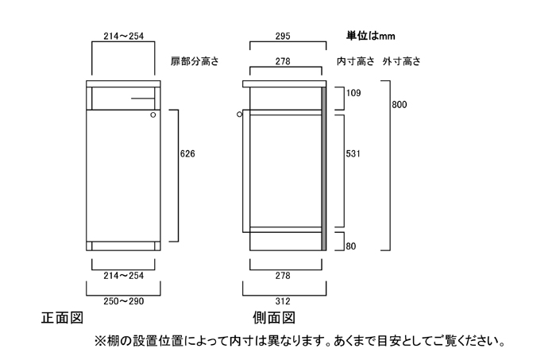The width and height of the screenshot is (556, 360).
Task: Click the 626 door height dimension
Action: pyautogui.click(x=187, y=153)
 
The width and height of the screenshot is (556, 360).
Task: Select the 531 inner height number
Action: pyautogui.click(x=353, y=154)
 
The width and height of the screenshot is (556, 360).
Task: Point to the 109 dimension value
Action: pyautogui.click(x=353, y=94)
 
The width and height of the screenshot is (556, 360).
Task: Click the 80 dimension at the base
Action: pyautogui.click(x=350, y=246)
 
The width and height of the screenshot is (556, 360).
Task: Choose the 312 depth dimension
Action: pyautogui.click(x=284, y=301)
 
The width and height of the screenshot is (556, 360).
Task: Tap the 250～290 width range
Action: pyautogui.click(x=123, y=301)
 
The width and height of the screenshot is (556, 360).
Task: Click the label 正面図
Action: pyautogui.click(x=62, y=319)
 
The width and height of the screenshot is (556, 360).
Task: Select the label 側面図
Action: pyautogui.click(x=275, y=319)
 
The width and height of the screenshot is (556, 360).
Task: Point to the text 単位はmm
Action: pyautogui.click(x=371, y=36)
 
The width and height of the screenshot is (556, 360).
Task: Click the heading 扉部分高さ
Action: pyautogui.click(x=195, y=61)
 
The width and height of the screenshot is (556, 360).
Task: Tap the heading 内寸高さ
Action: pyautogui.click(x=355, y=61)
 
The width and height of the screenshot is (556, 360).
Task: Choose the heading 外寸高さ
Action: pyautogui.click(x=401, y=61)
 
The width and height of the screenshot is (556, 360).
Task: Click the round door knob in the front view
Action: pyautogui.click(x=153, y=115)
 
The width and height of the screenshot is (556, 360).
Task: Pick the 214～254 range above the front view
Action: pyautogui.click(x=123, y=36)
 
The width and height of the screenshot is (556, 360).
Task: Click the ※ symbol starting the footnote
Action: pyautogui.click(x=100, y=343)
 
